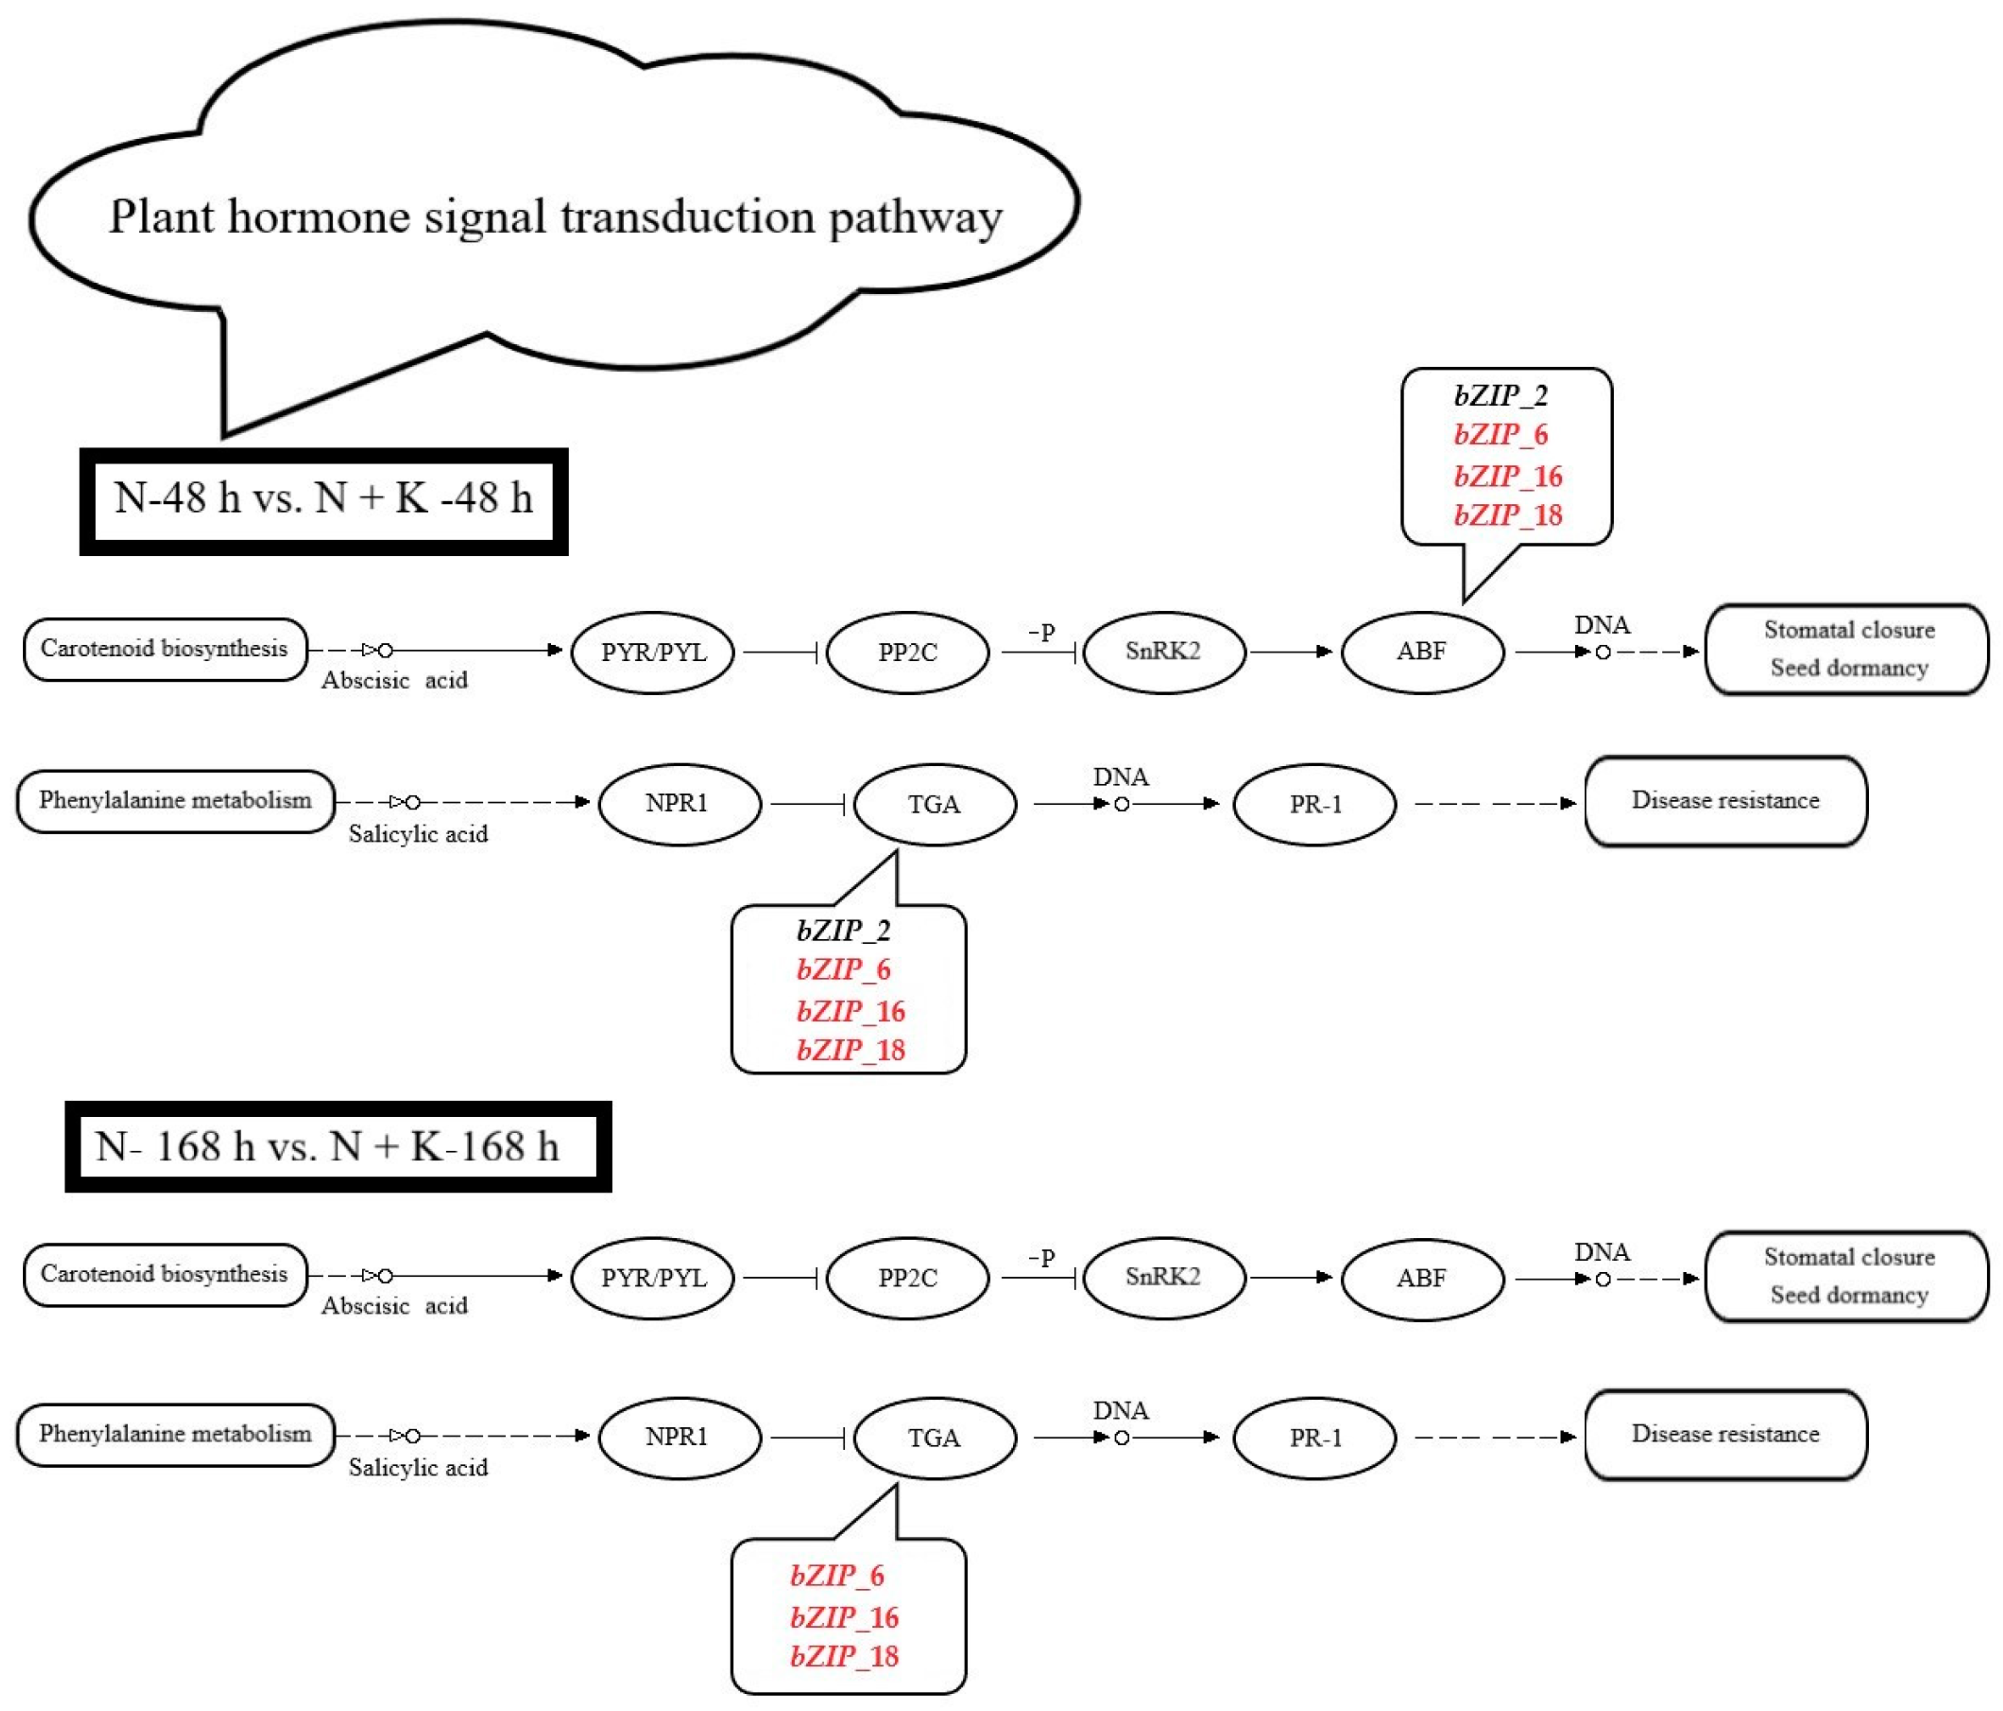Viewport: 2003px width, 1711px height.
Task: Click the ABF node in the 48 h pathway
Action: pyautogui.click(x=1422, y=652)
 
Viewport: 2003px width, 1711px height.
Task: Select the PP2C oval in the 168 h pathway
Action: pyautogui.click(x=908, y=1278)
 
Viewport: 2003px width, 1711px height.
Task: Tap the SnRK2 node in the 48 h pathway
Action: pyautogui.click(x=1163, y=652)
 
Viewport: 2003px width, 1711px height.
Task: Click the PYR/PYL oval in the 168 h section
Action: pyautogui.click(x=654, y=1278)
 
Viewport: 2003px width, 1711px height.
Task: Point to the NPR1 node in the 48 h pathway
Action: pyautogui.click(x=677, y=803)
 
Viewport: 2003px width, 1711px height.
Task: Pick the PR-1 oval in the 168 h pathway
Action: pyautogui.click(x=1315, y=1437)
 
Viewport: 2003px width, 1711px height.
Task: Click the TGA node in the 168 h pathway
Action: pyautogui.click(x=934, y=1437)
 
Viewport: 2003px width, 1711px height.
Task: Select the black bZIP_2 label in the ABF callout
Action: pyautogui.click(x=1500, y=396)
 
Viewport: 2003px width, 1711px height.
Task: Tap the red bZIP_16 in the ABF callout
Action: pyautogui.click(x=1507, y=475)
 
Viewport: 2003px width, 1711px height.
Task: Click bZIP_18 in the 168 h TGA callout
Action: pyautogui.click(x=844, y=1656)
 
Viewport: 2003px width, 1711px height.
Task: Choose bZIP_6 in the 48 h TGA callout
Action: pyautogui.click(x=843, y=969)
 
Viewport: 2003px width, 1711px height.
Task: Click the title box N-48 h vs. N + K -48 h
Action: pyautogui.click(x=323, y=500)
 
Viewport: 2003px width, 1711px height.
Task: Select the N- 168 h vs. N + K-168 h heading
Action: pyautogui.click(x=328, y=1147)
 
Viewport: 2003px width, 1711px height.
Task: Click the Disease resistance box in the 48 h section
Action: pyautogui.click(x=1725, y=800)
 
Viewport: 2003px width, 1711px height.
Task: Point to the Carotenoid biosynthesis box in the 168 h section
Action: pyautogui.click(x=164, y=1274)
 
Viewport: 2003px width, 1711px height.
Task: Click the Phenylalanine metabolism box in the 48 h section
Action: pyautogui.click(x=175, y=800)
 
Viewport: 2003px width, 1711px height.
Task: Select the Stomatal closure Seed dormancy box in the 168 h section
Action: pyautogui.click(x=1847, y=1276)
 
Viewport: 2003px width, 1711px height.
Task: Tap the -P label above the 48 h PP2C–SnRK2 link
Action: pyautogui.click(x=1041, y=632)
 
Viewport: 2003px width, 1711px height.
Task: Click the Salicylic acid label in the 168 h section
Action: pyautogui.click(x=418, y=1468)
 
